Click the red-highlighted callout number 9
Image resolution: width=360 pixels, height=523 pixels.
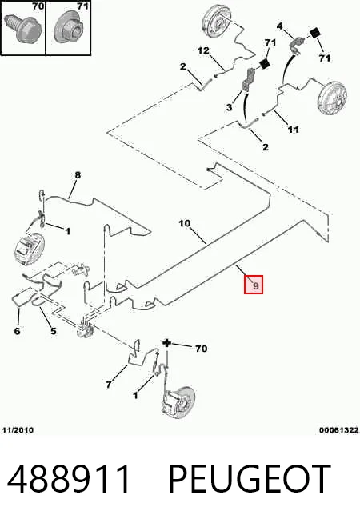(254, 285)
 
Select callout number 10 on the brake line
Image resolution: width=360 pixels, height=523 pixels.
(185, 223)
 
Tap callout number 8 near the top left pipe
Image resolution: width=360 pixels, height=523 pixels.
(78, 175)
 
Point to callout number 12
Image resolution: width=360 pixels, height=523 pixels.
(203, 50)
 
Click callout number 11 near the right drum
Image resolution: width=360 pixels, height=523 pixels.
(294, 129)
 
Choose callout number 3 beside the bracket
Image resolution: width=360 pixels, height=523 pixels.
(229, 107)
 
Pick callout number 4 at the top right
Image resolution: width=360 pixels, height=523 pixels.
(279, 26)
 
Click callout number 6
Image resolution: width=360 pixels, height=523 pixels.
(17, 331)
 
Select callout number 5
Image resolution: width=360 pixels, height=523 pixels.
(54, 331)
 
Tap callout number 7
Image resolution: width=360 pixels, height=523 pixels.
(109, 385)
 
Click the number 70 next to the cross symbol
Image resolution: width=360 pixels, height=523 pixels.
(201, 349)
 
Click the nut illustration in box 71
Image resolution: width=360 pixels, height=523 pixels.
(70, 28)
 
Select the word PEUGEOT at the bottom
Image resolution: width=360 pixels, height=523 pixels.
(250, 478)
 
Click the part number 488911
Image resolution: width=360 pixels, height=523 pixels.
(68, 478)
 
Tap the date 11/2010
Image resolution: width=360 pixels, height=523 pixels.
(18, 430)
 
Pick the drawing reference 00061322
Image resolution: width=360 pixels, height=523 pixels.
(339, 430)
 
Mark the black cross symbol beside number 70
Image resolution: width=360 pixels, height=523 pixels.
(166, 343)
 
